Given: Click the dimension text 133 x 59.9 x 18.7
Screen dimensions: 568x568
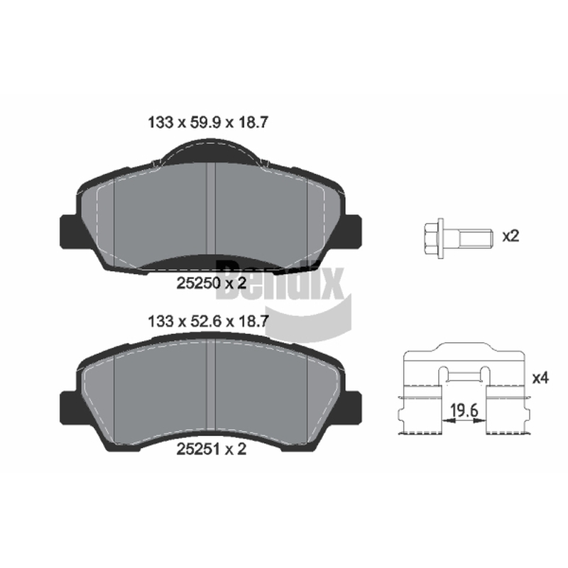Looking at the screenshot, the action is click(208, 122).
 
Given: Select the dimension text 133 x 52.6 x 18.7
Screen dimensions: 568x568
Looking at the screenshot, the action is click(208, 321).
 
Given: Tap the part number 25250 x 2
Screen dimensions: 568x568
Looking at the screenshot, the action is click(211, 283).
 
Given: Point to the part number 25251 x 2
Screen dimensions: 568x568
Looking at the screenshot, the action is click(211, 449).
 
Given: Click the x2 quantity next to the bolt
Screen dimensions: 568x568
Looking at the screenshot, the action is click(510, 236).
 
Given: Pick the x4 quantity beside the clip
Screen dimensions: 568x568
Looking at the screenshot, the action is click(540, 378).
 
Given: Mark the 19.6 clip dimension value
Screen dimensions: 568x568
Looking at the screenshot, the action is click(464, 411).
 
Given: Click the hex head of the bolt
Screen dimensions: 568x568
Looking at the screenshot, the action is click(431, 239).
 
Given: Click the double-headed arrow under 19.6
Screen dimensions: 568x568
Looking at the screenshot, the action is click(464, 420).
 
